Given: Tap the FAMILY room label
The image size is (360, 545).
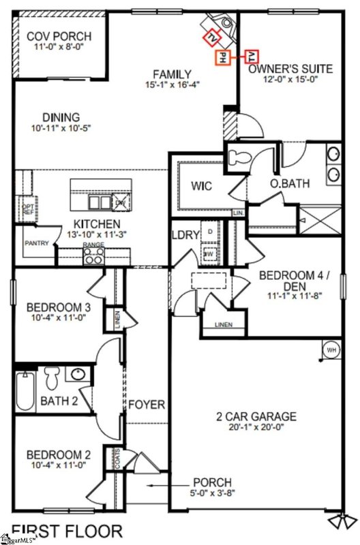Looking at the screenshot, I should [x=172, y=74].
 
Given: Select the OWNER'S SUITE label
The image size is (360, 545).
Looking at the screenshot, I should [x=290, y=69].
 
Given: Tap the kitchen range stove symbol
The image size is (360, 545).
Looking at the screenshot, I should [x=93, y=255].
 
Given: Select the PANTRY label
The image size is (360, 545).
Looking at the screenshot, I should [x=36, y=243].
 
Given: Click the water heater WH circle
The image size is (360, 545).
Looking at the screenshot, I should [x=332, y=349].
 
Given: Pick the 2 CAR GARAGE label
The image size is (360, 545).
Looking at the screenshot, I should [x=256, y=416].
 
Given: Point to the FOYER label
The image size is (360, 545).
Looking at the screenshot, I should [x=147, y=405].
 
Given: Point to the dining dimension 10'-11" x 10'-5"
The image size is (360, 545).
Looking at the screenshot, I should [x=61, y=127].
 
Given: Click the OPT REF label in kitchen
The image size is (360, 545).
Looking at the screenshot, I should [x=28, y=209].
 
